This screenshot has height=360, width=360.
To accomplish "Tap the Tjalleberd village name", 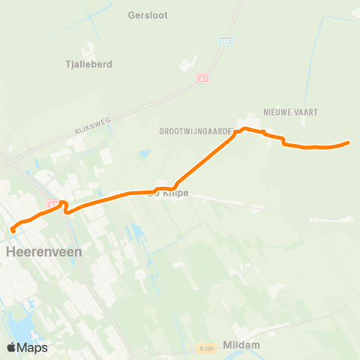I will click(x=89, y=64).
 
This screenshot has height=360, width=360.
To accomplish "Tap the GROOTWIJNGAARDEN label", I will click(x=196, y=130).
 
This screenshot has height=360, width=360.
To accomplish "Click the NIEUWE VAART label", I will click(x=290, y=112).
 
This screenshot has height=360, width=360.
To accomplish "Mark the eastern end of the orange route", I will click(x=349, y=142).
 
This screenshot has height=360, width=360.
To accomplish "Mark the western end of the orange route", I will click(x=13, y=230).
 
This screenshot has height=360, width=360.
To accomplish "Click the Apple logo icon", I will click(x=11, y=347).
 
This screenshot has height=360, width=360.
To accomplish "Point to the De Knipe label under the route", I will click(x=169, y=193).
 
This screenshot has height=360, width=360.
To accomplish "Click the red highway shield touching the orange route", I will click(x=52, y=204).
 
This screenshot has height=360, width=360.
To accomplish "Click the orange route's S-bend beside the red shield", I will click(x=66, y=206).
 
